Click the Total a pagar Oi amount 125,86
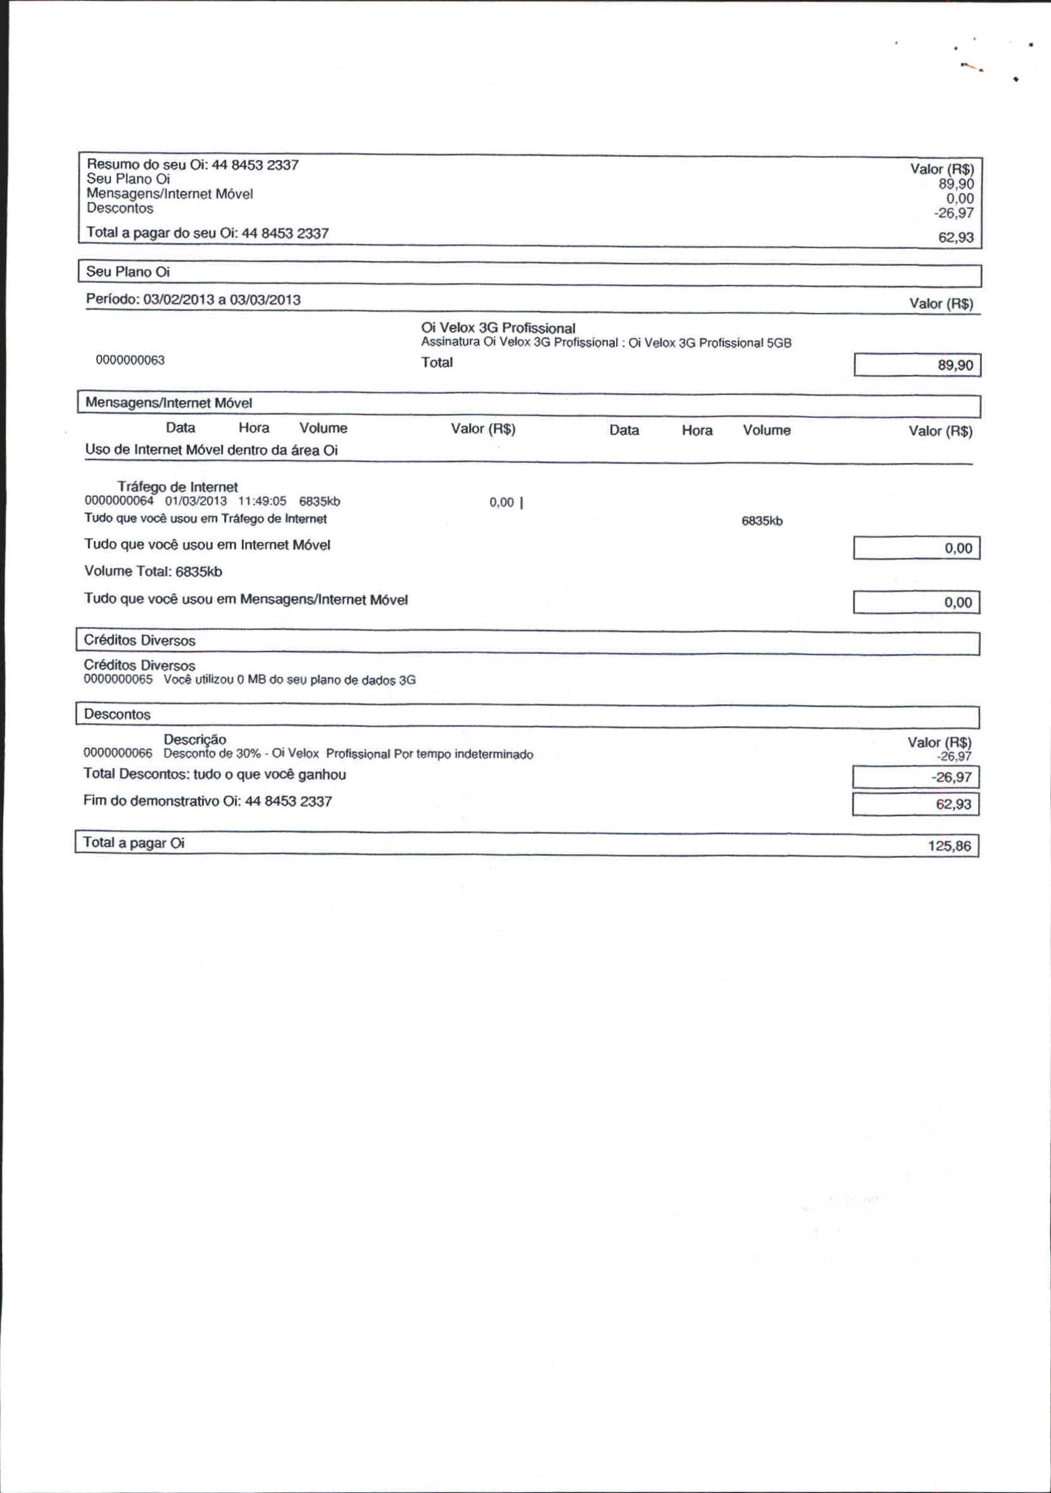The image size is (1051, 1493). pyautogui.click(x=949, y=846)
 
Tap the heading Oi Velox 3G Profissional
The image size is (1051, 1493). pyautogui.click(x=498, y=328)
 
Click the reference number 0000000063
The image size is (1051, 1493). pyautogui.click(x=130, y=360)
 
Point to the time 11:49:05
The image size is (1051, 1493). pyautogui.click(x=262, y=501)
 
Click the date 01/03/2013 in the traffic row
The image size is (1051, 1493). pyautogui.click(x=196, y=501)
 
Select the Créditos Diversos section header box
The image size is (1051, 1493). pyautogui.click(x=527, y=642)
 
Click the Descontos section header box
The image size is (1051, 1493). pyautogui.click(x=527, y=715)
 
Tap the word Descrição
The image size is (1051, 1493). pyautogui.click(x=194, y=740)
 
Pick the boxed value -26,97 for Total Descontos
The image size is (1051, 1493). pyautogui.click(x=916, y=777)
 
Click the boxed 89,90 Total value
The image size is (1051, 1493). pyautogui.click(x=917, y=365)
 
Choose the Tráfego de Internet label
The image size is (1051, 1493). pyautogui.click(x=177, y=486)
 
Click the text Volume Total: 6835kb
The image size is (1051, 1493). pyautogui.click(x=153, y=572)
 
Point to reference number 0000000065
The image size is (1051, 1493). pyautogui.click(x=118, y=679)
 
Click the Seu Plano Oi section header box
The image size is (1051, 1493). pyautogui.click(x=529, y=273)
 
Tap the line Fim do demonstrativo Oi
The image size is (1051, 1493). pyautogui.click(x=208, y=801)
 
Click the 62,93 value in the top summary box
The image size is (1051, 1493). pyautogui.click(x=955, y=237)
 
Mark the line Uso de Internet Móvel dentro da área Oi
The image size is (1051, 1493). pyautogui.click(x=211, y=450)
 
